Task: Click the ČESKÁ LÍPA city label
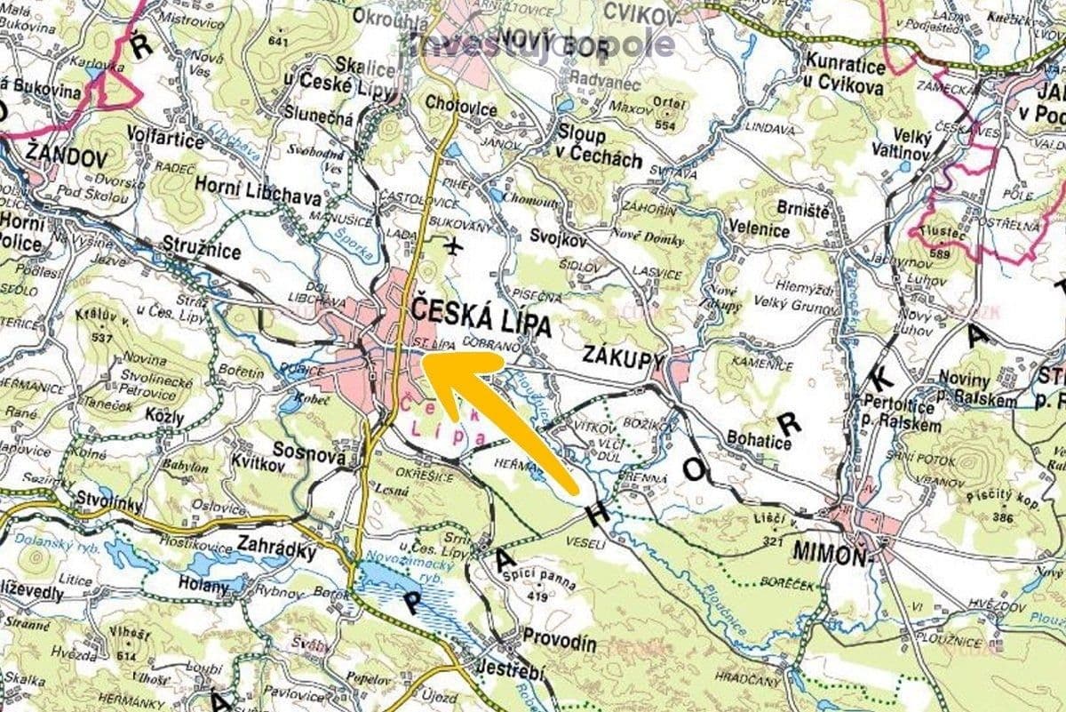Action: tap(481, 318)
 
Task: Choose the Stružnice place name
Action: tap(202, 250)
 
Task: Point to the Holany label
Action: tap(205, 586)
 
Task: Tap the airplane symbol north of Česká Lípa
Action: tap(455, 245)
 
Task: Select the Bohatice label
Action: tap(759, 439)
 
